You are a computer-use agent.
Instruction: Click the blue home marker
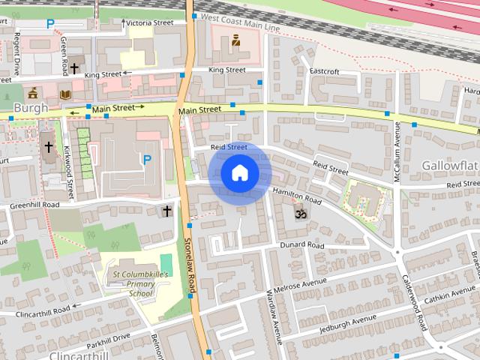click(x=239, y=173)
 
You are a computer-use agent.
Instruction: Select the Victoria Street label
click(x=149, y=22)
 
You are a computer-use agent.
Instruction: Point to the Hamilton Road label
click(x=296, y=197)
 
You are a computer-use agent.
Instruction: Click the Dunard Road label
click(x=301, y=245)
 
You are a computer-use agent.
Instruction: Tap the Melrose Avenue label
click(x=301, y=283)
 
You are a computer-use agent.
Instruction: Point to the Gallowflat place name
click(x=450, y=164)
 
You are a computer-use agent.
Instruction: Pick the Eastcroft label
click(x=324, y=72)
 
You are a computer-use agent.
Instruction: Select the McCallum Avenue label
click(x=398, y=151)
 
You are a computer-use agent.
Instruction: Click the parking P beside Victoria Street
click(x=50, y=23)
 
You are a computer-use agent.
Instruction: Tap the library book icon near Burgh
click(x=65, y=94)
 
